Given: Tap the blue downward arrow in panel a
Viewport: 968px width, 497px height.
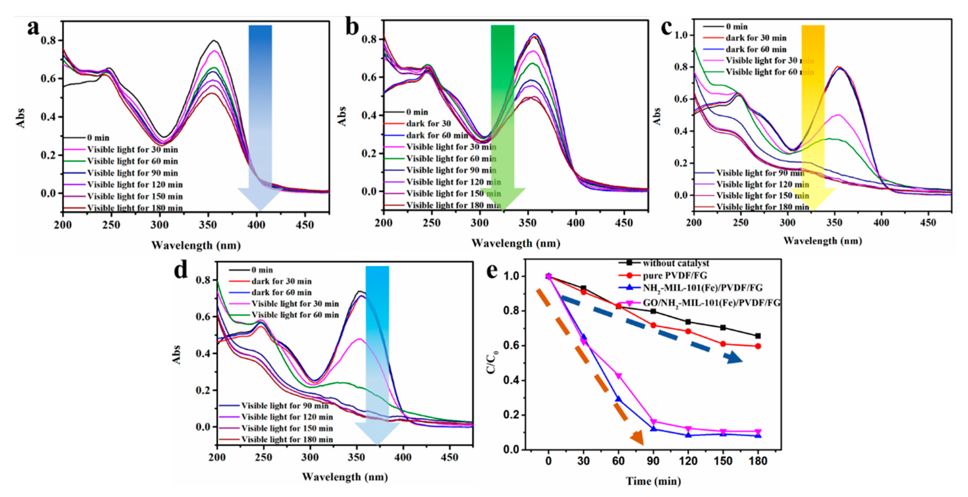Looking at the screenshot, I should (260, 113).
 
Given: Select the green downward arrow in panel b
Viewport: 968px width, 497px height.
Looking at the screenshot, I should (502, 113).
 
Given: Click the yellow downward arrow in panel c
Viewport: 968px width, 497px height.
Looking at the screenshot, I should (813, 113).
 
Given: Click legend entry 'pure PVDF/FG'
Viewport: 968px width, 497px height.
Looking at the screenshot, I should (674, 275).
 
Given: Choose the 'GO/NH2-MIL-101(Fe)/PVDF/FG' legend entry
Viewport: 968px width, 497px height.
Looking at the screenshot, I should (711, 303).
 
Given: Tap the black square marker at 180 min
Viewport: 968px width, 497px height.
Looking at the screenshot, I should (758, 336).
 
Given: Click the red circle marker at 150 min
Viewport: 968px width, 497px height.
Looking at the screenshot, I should (723, 344).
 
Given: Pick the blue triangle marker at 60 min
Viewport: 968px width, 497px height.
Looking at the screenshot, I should (618, 399).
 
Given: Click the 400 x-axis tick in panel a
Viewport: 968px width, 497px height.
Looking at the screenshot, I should (256, 225).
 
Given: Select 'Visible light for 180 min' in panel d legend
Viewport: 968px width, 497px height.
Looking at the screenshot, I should (287, 439).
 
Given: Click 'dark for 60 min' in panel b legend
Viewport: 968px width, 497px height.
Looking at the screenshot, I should (437, 135).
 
